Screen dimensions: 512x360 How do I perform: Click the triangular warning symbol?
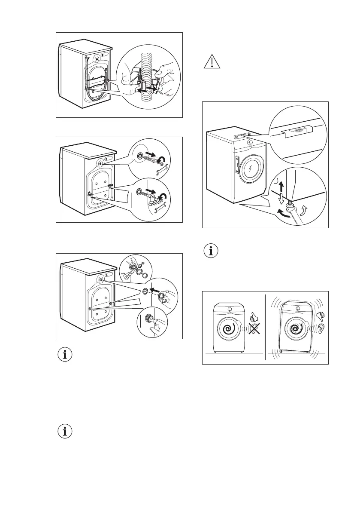point(211,63)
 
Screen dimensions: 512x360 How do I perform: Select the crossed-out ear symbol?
point(254,334)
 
